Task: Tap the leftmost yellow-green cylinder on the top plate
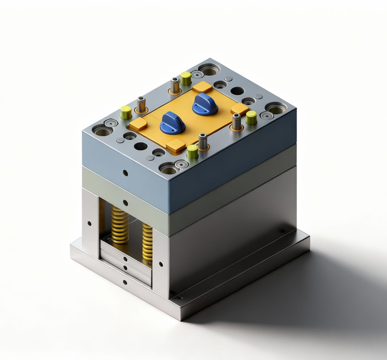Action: click(126, 112)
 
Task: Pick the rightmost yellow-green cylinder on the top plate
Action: click(251, 118)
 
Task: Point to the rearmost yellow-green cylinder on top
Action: click(185, 78)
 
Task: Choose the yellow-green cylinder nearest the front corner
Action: click(193, 151)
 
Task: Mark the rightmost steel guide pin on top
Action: click(236, 121)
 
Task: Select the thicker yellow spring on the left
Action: click(120, 225)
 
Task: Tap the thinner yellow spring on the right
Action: click(148, 242)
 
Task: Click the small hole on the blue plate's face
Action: click(125, 173)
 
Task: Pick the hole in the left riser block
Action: click(89, 223)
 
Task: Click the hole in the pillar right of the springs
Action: click(161, 264)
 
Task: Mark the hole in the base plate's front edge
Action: click(125, 282)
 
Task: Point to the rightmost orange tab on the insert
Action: click(239, 109)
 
